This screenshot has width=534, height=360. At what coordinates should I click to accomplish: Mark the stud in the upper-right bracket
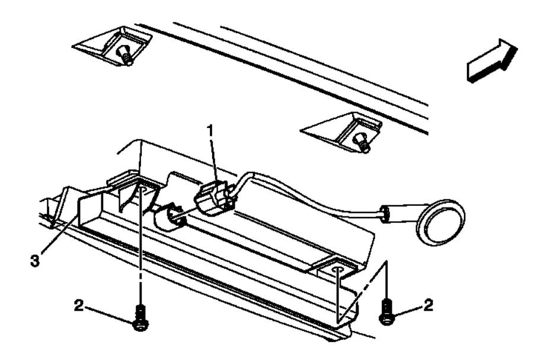(x=360, y=141)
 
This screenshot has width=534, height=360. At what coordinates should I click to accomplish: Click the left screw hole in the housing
(x=142, y=189)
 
